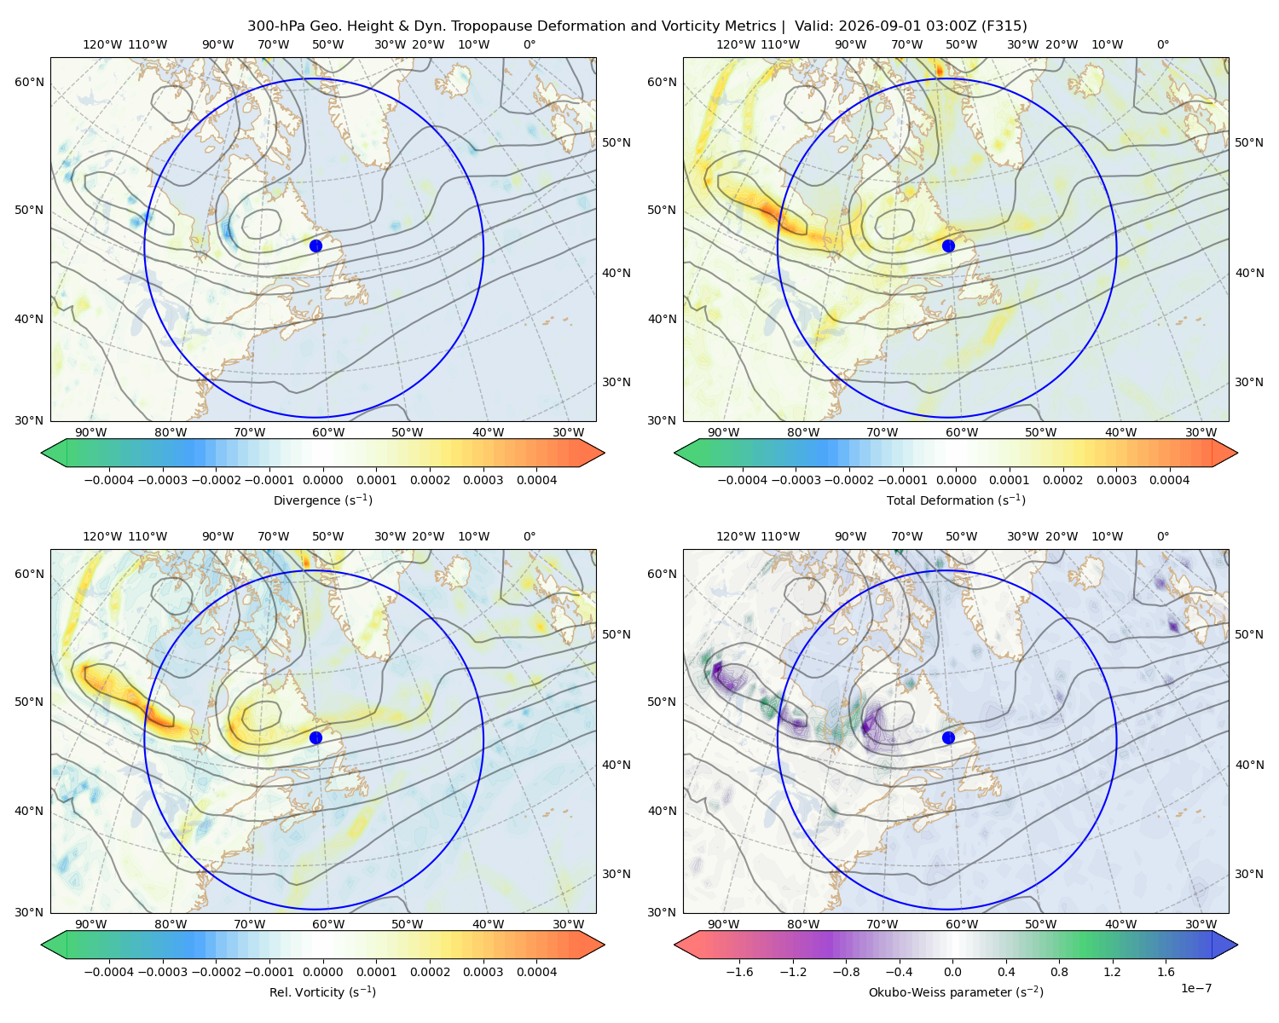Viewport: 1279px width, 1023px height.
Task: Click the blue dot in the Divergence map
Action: coord(315,246)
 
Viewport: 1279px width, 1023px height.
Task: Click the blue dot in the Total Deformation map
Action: coord(948,246)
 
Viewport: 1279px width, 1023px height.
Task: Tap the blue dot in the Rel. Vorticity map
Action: coord(315,737)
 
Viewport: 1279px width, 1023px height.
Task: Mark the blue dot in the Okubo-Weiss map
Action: coord(948,737)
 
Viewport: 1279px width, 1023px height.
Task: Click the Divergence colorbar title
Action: coord(322,500)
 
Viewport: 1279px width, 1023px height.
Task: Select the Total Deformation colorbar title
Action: coord(956,500)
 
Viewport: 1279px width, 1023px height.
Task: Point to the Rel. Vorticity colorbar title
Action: coord(322,992)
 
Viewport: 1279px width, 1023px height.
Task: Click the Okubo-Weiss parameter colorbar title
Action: coord(956,992)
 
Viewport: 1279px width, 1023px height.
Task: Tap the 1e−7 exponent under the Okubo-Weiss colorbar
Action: coord(1195,988)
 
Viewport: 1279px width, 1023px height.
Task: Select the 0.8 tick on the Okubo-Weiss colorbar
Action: coord(1059,972)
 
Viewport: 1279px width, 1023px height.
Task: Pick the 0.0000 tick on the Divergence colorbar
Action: coord(322,480)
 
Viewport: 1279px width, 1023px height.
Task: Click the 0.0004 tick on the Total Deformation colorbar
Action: coord(1170,480)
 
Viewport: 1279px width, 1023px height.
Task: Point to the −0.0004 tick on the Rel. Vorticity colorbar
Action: coord(109,972)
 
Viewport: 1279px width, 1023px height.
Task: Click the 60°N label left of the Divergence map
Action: coord(29,82)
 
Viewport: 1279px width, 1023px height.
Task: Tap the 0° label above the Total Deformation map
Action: coord(1162,44)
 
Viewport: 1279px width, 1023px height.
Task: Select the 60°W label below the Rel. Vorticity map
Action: coord(328,924)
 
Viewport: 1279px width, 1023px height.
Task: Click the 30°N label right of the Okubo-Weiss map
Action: coord(1248,874)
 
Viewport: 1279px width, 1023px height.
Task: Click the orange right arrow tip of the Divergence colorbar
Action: coord(604,453)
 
